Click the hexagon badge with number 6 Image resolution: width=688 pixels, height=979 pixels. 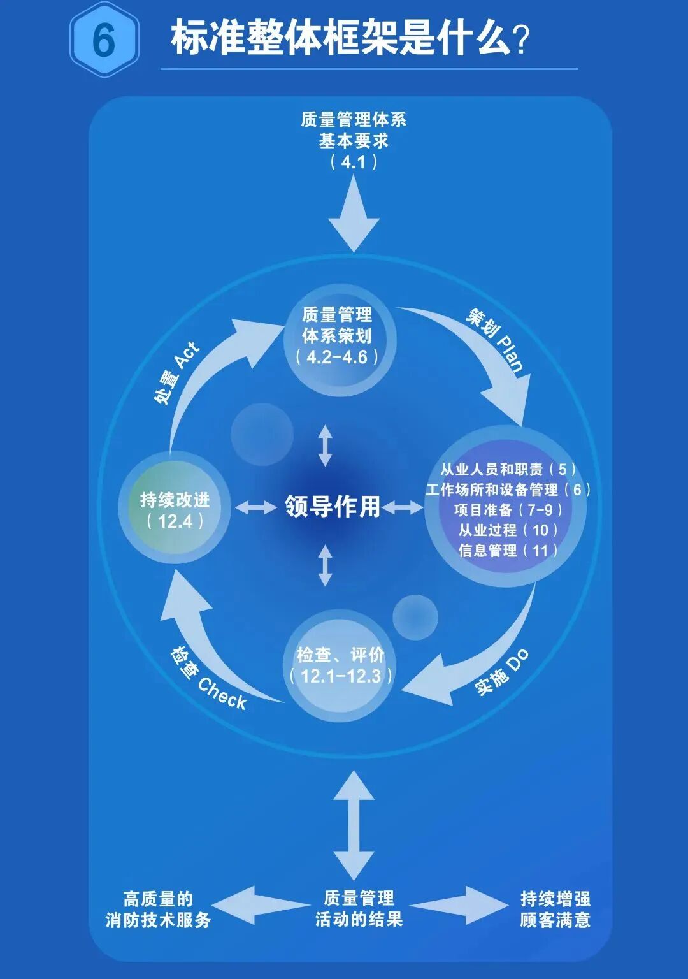coord(104,40)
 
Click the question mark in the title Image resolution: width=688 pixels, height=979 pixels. coord(522,40)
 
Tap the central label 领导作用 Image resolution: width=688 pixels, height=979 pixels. coord(333,507)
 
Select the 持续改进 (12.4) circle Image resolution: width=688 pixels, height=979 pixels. coord(175,509)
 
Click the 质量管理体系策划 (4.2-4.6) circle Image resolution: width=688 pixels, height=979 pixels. coord(338,336)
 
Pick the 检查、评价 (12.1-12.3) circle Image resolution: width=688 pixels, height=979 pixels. coord(340,665)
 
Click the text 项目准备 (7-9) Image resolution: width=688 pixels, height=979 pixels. coord(508,510)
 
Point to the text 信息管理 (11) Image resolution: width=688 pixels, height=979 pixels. coord(508,551)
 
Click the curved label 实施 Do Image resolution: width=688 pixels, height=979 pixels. coord(502,673)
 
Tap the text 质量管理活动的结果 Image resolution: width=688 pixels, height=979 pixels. coord(359,908)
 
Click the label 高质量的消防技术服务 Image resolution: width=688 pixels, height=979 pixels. coord(158,910)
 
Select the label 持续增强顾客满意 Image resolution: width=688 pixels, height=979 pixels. coord(555,910)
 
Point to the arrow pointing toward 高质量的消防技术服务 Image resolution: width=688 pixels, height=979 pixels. coord(258,905)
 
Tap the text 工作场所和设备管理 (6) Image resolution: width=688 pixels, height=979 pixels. coord(508,489)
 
